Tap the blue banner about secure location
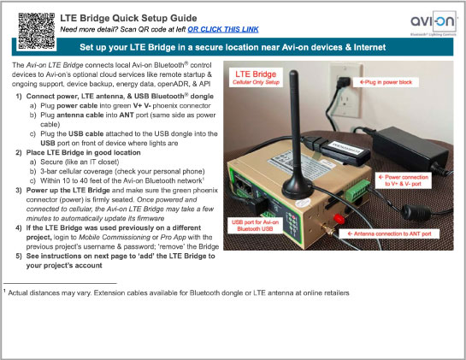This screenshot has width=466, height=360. point(233,46)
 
